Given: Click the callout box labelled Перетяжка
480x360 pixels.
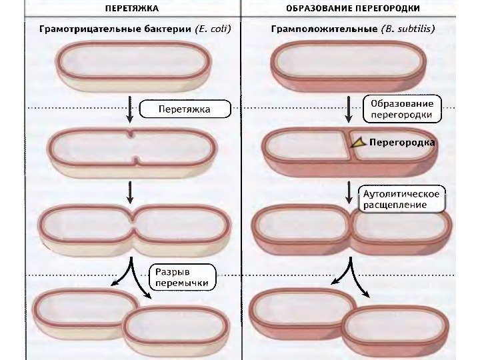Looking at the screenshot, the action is (x=184, y=109).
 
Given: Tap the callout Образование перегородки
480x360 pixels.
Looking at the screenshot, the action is (x=401, y=109).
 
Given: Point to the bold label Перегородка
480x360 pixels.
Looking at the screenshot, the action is (x=402, y=143).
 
